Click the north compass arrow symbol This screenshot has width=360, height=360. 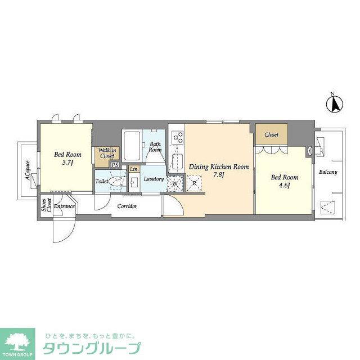click(335, 103)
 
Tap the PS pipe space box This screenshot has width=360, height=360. click(115, 165)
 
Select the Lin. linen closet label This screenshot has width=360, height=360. click(134, 169)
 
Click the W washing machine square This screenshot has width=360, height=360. click(175, 183)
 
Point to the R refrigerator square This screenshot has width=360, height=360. click(194, 183)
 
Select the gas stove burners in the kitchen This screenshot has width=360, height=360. click(178, 137)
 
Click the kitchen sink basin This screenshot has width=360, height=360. click(177, 161)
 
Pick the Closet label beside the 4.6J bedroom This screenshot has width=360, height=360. click(271, 135)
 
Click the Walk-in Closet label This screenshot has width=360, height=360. click(107, 153)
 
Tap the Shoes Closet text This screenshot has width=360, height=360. click(46, 205)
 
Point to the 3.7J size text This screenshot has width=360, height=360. click(67, 163)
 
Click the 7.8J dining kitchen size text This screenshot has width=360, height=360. click(219, 175)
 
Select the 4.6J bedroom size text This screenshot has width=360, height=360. click(285, 186)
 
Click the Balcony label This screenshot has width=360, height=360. click(328, 172)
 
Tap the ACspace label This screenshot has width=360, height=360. click(28, 170)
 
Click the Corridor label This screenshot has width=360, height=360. click(127, 206)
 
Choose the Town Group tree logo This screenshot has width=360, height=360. click(17, 344)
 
